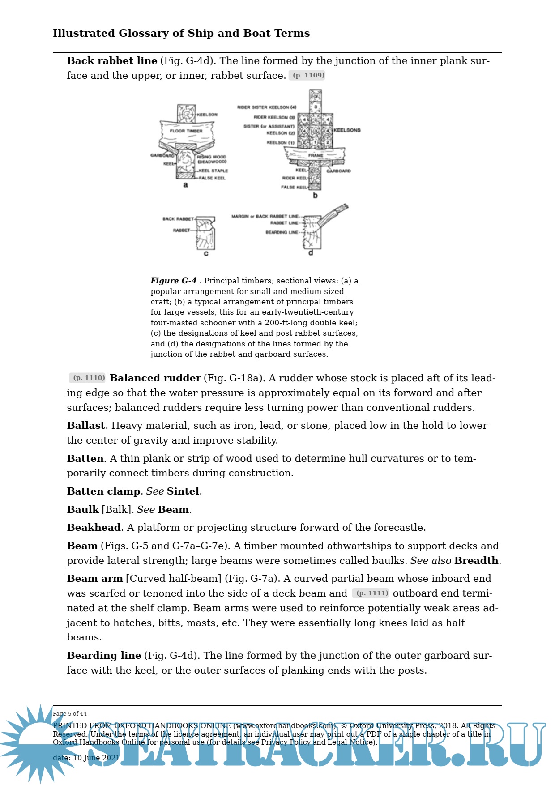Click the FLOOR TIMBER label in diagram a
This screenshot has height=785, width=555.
[186, 131]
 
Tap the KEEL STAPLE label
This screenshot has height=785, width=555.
[213, 171]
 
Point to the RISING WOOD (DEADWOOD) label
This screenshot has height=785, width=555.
[212, 159]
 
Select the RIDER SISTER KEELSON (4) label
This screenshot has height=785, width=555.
[267, 107]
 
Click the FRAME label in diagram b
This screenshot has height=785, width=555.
[316, 155]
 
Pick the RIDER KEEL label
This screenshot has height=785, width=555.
[295, 178]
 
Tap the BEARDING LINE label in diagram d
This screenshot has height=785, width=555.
[282, 232]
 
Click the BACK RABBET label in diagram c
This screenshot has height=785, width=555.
[178, 219]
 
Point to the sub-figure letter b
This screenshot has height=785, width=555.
[315, 195]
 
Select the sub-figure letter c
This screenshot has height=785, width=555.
[206, 253]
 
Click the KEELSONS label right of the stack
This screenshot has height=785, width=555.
[347, 130]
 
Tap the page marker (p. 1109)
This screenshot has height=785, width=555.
[307, 75]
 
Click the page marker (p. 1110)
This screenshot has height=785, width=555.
[88, 378]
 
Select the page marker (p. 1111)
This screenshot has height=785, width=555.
[371, 593]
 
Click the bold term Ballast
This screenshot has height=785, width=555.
[86, 425]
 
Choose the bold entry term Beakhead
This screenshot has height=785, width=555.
[94, 527]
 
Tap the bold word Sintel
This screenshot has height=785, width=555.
[183, 491]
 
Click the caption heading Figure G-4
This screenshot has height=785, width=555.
[174, 281]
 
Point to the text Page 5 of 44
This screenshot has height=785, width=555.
[70, 713]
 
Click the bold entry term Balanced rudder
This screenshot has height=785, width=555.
[155, 378]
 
